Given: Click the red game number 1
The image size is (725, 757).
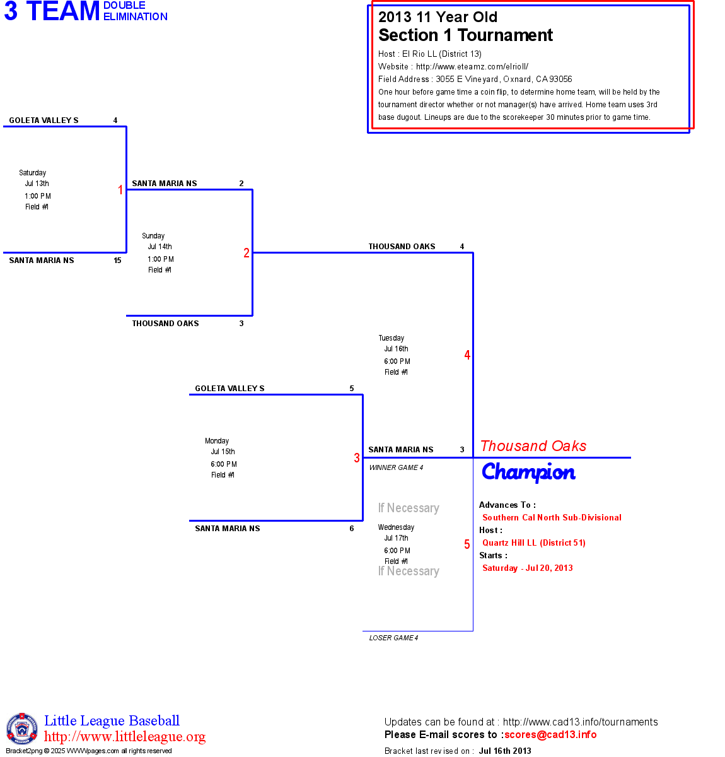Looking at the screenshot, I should pyautogui.click(x=120, y=190).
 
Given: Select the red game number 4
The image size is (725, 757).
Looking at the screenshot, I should pyautogui.click(x=467, y=355).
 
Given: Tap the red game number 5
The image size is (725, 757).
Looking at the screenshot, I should pyautogui.click(x=467, y=544).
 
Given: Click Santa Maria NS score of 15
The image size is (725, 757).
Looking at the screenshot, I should pyautogui.click(x=117, y=261).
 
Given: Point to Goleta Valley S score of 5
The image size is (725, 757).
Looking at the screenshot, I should pyautogui.click(x=352, y=389).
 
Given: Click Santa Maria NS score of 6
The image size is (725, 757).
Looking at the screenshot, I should pyautogui.click(x=352, y=529).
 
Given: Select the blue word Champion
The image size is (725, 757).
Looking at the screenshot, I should pyautogui.click(x=528, y=472).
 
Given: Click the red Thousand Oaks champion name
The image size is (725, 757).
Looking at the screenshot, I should pyautogui.click(x=533, y=446).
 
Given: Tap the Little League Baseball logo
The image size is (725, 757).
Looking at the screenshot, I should pyautogui.click(x=22, y=729).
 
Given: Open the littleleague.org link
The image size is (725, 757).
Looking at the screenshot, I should pyautogui.click(x=125, y=737).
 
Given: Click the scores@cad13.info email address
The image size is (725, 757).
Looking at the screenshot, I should pyautogui.click(x=550, y=734).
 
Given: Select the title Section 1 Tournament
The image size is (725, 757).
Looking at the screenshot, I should pyautogui.click(x=465, y=35).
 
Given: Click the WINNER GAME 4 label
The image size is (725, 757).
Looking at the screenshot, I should pyautogui.click(x=396, y=467).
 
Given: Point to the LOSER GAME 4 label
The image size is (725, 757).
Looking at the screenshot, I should pyautogui.click(x=393, y=638).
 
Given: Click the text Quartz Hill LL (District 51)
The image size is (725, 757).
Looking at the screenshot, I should pyautogui.click(x=534, y=543).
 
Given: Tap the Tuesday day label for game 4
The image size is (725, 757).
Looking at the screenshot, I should pyautogui.click(x=391, y=338).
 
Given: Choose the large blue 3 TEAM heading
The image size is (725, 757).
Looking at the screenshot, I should pyautogui.click(x=52, y=11).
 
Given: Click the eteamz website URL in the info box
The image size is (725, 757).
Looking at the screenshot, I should pyautogui.click(x=472, y=66).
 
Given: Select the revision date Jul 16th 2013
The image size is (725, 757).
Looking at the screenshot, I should pyautogui.click(x=505, y=751).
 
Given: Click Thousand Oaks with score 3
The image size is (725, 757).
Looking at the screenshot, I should pyautogui.click(x=166, y=324).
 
